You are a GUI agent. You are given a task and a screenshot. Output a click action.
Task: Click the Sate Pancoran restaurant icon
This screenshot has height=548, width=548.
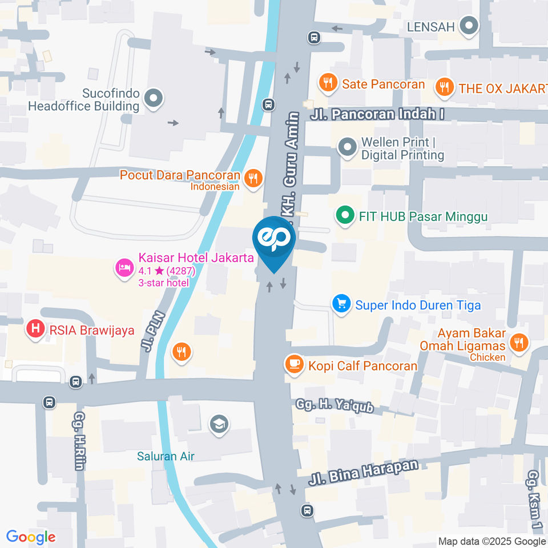tap(328, 83)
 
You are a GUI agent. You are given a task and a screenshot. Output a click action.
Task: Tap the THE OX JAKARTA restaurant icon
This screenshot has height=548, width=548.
tap(444, 87)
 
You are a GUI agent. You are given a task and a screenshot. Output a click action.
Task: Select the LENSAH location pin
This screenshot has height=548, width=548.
tap(470, 26)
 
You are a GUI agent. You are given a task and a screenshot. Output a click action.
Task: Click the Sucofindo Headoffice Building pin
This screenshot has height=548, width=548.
tap(153, 98)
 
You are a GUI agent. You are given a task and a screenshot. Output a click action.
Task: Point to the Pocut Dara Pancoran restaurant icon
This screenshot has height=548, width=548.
tap(252, 179)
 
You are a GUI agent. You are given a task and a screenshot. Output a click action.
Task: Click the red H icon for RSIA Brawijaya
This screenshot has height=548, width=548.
tap(35, 329)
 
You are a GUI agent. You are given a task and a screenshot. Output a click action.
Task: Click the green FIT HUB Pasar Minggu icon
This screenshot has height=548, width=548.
tap(344, 216)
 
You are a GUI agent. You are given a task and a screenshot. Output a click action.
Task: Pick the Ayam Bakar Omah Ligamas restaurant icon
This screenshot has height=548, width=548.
tap(518, 342)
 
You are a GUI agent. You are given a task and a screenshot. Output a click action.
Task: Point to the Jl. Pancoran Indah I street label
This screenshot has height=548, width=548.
tap(377, 114)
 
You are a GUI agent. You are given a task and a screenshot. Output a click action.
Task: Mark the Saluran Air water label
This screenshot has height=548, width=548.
tap(166, 456)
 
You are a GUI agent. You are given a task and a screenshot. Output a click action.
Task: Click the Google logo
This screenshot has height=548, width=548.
tap(31, 537)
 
